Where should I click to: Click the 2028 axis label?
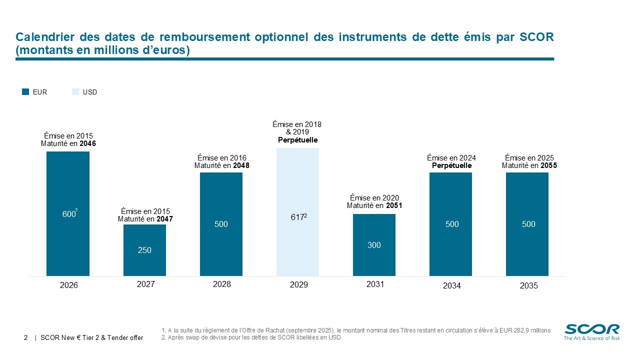(221, 284)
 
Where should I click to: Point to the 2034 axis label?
(451, 286)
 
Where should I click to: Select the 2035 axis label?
(528, 286)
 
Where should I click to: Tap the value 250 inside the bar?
(144, 250)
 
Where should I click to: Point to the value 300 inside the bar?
(374, 245)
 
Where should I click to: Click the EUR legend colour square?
(26, 92)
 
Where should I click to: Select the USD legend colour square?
(75, 92)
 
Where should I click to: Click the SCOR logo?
(592, 331)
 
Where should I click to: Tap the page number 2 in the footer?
(25, 338)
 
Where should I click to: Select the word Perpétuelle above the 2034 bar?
(451, 165)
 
